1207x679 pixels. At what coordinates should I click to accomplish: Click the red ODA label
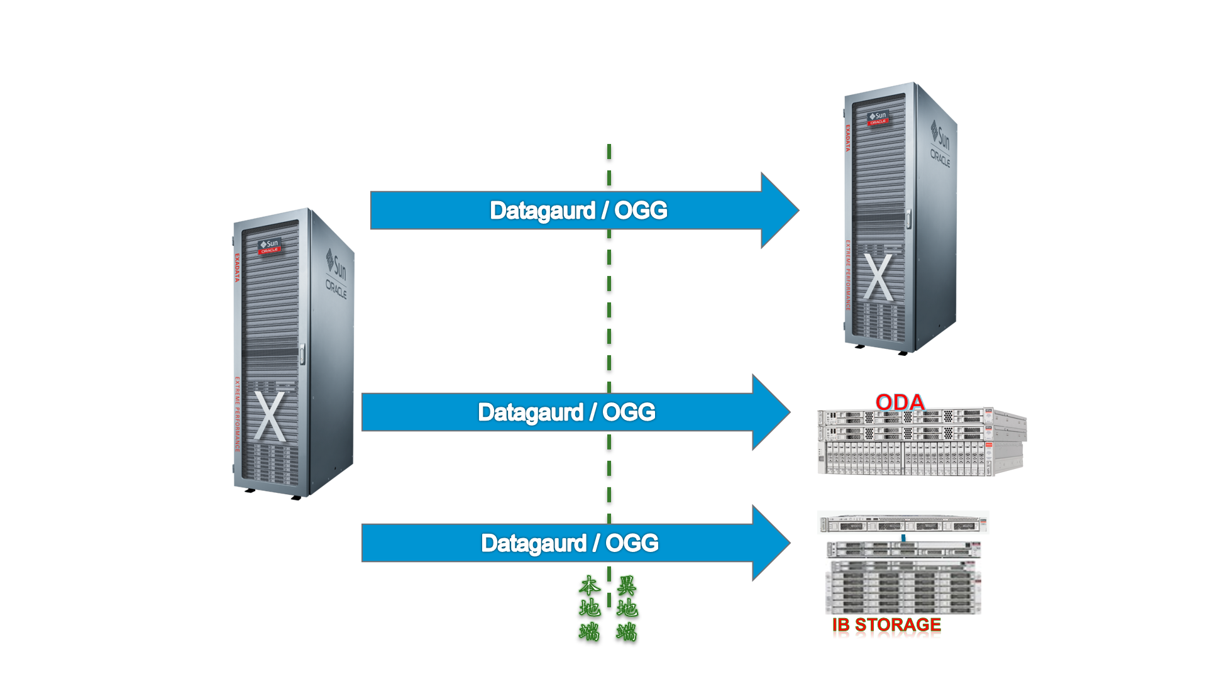pos(900,402)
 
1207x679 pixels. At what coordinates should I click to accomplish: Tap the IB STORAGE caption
pos(886,625)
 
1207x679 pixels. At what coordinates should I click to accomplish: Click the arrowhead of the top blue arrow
pos(780,210)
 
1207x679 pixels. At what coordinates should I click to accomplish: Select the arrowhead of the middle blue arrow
pos(771,412)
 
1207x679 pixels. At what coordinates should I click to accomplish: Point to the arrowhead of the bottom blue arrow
pos(771,543)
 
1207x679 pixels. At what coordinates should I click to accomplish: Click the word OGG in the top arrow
pos(641,210)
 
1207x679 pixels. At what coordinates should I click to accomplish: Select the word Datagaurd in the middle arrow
pos(531,412)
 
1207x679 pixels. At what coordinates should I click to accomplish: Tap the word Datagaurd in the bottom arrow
pos(534,543)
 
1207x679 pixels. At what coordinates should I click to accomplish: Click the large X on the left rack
pos(270,416)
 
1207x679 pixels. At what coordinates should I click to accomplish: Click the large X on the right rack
pos(878,277)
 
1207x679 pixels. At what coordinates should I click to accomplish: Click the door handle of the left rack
pos(302,354)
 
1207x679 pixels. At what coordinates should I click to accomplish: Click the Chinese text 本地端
pos(589,608)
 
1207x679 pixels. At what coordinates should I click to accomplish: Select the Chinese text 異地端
pos(627,608)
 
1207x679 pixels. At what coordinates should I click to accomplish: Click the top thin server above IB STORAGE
pos(903,523)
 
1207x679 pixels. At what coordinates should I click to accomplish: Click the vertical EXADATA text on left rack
pos(237,267)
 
